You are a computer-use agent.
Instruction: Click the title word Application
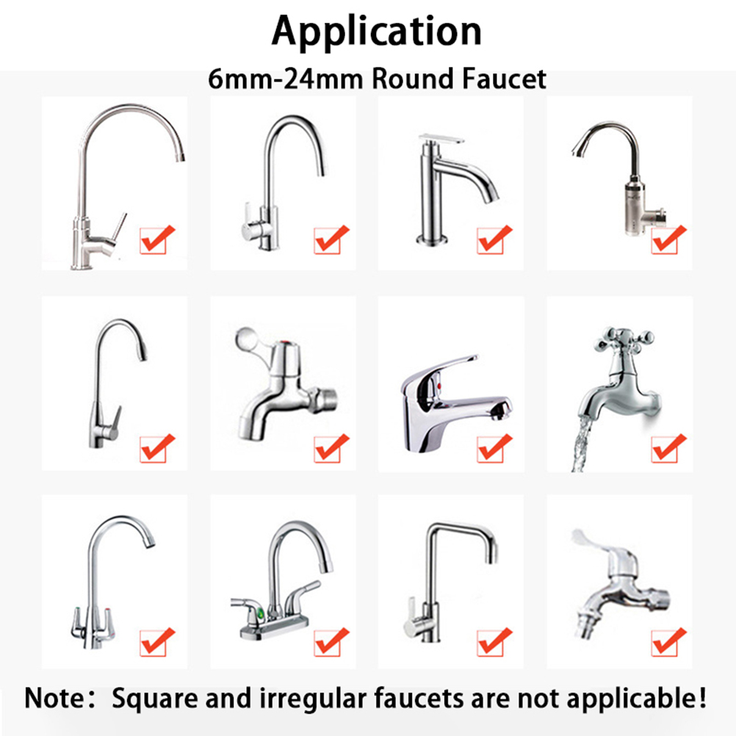click(x=377, y=32)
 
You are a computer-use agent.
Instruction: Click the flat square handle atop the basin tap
click(x=441, y=139)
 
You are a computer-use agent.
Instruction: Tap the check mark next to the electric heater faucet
click(x=668, y=239)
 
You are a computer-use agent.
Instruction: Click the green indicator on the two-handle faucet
click(x=259, y=613)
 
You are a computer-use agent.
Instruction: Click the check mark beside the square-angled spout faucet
click(x=494, y=641)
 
